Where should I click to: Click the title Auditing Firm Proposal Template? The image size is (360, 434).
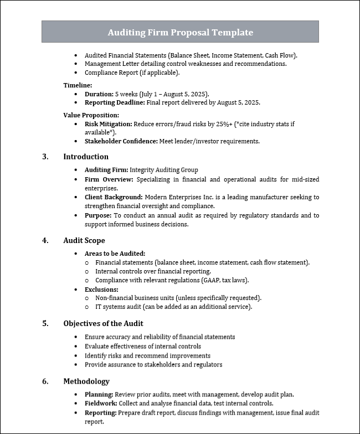point(180,33)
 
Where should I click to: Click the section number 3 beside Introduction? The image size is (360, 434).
point(45,157)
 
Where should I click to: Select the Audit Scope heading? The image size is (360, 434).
point(84,240)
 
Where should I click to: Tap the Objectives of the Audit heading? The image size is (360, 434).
point(103,323)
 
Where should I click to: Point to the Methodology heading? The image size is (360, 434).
point(86,381)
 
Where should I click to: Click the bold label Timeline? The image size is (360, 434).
point(78,85)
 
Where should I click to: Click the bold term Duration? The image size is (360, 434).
point(99,94)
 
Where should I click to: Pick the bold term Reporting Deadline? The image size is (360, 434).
point(115,102)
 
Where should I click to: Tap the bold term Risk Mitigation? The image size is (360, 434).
point(108,124)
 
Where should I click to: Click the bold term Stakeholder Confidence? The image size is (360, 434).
point(121,141)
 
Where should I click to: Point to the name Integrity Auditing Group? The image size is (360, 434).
point(163,170)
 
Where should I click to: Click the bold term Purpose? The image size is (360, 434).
point(98,215)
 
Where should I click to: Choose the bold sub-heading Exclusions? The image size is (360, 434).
point(101,289)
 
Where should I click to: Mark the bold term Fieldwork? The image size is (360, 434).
point(100,404)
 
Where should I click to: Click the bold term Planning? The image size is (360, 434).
point(99,394)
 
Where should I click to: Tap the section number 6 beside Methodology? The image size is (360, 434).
point(45,381)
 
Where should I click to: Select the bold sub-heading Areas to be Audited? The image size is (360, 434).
point(115,253)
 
